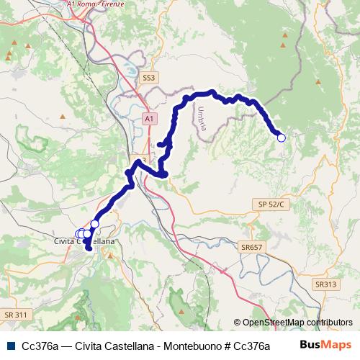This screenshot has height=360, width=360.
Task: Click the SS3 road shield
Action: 149,76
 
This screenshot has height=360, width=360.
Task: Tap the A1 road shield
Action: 148,117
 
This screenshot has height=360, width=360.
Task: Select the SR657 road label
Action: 252,247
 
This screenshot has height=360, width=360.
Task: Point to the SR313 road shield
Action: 325,284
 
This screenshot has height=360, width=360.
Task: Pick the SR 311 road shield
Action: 15,315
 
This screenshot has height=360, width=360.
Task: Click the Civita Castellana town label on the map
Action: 85,243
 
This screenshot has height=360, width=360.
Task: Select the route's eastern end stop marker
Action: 281,138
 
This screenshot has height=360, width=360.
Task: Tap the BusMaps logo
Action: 325,345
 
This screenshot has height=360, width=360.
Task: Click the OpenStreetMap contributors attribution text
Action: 292,323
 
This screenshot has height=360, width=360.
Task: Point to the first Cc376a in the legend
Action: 40,346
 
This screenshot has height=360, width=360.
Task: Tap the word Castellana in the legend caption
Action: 128,346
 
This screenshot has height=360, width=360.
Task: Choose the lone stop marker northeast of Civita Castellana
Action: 94,224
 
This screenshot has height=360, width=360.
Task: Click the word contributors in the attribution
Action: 325,323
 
